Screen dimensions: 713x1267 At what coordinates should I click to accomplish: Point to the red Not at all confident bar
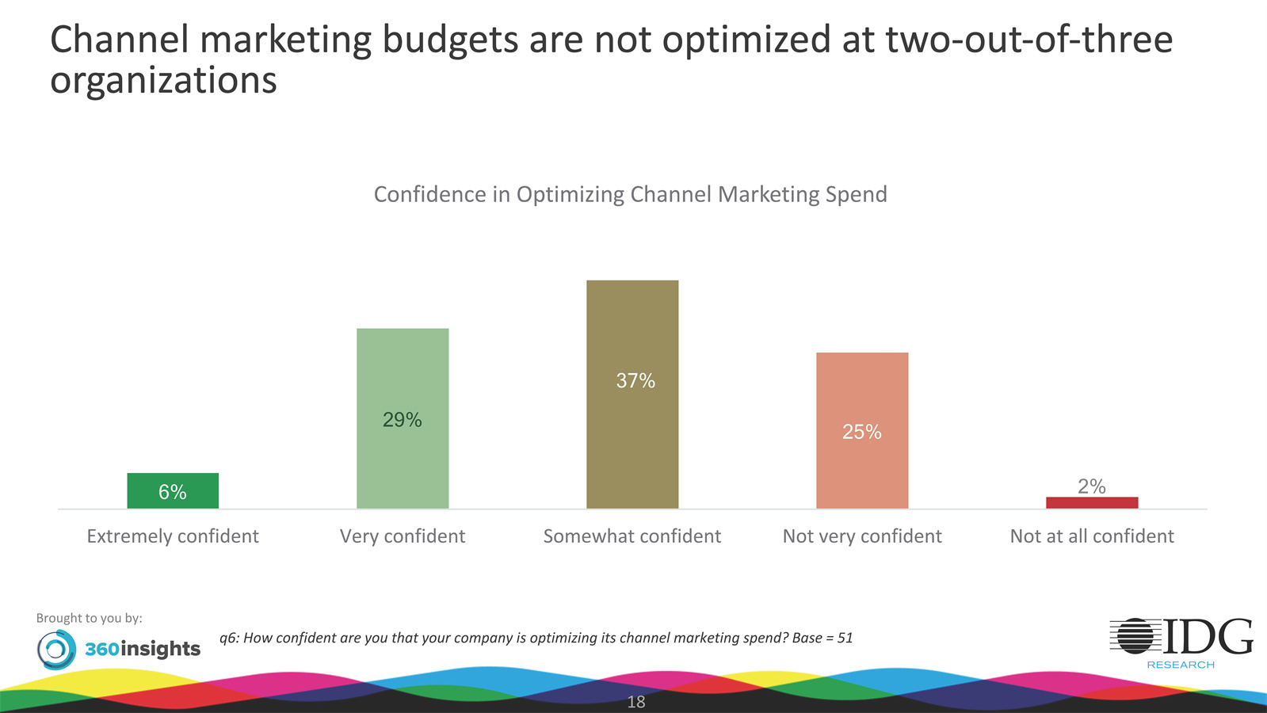pyautogui.click(x=1092, y=502)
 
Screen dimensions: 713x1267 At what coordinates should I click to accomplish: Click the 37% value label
pyautogui.click(x=635, y=381)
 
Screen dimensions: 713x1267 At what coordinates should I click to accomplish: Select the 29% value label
pyautogui.click(x=403, y=420)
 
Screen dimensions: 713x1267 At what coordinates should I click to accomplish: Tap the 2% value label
pyautogui.click(x=1092, y=486)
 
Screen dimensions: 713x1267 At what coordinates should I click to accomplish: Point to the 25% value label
pyautogui.click(x=862, y=432)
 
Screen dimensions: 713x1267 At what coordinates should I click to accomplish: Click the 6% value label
pyautogui.click(x=173, y=492)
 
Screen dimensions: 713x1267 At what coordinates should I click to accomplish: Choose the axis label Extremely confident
pyautogui.click(x=173, y=536)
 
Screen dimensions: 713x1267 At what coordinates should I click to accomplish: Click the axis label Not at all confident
pyautogui.click(x=1092, y=536)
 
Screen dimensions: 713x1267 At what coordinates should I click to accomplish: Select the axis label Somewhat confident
pyautogui.click(x=632, y=536)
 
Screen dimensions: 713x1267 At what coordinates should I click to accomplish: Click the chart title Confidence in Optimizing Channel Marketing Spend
pyautogui.click(x=630, y=194)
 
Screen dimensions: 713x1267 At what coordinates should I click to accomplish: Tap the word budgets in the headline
pyautogui.click(x=449, y=40)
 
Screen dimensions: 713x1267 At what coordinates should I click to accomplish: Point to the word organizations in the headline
pyautogui.click(x=163, y=81)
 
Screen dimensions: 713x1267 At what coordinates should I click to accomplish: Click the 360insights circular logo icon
pyautogui.click(x=56, y=650)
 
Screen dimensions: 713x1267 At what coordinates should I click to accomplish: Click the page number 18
pyautogui.click(x=636, y=702)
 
